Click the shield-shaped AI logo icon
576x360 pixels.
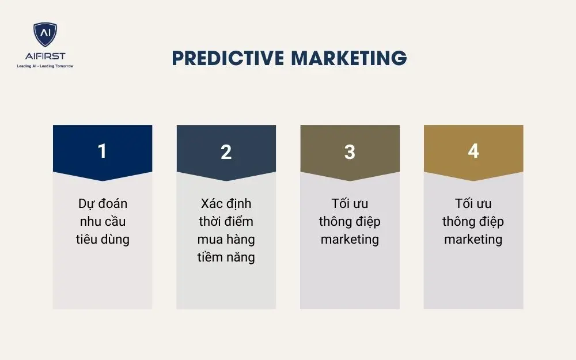[45, 35]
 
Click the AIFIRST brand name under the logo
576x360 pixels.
[45, 56]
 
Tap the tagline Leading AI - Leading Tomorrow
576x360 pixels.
[45, 66]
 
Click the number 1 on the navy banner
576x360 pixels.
[103, 151]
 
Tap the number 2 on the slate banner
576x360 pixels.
[226, 151]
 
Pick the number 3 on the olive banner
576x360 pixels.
[350, 151]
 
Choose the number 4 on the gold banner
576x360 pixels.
[473, 151]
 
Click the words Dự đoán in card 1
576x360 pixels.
[103, 204]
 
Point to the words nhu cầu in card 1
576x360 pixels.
[103, 222]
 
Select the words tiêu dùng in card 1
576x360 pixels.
[103, 239]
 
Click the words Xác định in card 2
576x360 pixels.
[226, 204]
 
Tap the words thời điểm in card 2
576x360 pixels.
[226, 222]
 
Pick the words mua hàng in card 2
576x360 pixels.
[226, 239]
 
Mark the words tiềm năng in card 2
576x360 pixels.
[226, 257]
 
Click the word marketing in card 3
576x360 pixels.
[350, 239]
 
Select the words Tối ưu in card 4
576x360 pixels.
[473, 204]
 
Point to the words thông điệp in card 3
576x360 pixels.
[350, 222]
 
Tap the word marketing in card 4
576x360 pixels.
[473, 239]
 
